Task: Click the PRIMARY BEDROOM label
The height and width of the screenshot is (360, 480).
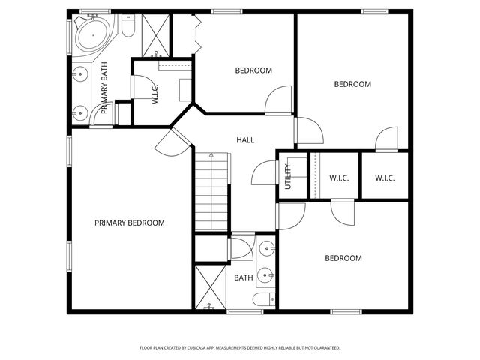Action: point(129,223)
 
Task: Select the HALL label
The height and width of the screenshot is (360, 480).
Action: point(245,140)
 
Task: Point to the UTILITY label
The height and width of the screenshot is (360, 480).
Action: point(288,175)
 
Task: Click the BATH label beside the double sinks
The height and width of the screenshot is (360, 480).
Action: point(243,277)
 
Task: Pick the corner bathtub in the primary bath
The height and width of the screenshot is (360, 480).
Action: point(91,35)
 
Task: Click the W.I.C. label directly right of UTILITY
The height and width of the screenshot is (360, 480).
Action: point(339,178)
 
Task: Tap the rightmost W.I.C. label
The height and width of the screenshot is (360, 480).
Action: point(385,178)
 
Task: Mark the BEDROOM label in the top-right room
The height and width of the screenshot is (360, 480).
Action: point(352,85)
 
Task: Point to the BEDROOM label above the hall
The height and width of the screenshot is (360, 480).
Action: point(253,70)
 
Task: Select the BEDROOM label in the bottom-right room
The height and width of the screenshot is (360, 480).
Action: point(343,258)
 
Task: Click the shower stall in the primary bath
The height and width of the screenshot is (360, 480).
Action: point(156,34)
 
